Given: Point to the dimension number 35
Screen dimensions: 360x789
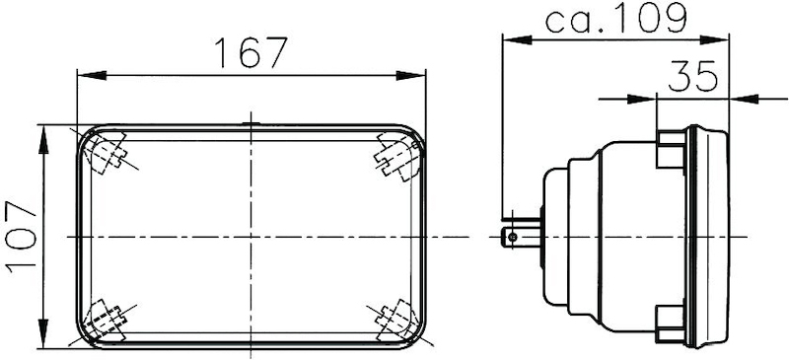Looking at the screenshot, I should pos(694,77).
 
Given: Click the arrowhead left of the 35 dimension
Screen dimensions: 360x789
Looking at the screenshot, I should pos(647,98).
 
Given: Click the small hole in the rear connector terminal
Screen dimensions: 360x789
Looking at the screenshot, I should pos(511,237).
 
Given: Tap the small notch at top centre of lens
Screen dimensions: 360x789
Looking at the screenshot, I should pos(251,123).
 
